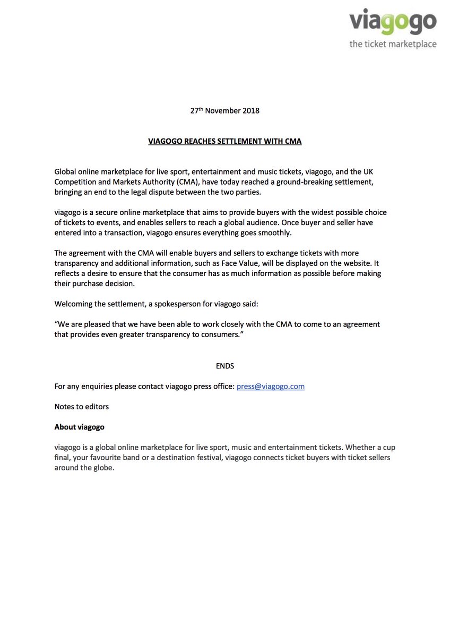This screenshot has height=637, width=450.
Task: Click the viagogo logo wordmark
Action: click(x=393, y=23)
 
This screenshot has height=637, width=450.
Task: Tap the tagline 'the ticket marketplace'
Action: click(x=393, y=44)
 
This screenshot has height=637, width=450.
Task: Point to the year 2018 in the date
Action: click(x=250, y=111)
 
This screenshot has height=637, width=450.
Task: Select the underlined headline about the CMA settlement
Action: click(x=224, y=141)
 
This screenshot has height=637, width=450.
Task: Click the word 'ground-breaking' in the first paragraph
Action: click(x=319, y=182)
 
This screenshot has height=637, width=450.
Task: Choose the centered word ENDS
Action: click(x=224, y=366)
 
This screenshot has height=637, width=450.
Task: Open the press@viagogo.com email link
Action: click(x=270, y=386)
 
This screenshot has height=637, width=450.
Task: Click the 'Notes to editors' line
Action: click(x=81, y=407)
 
